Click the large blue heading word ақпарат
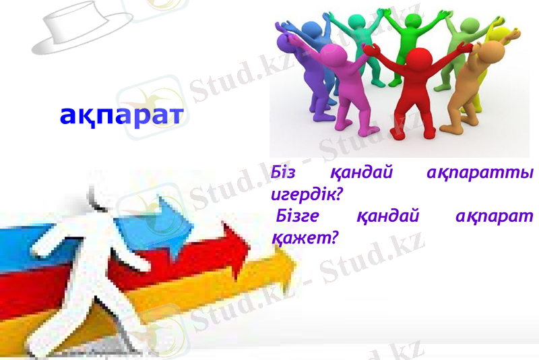pyautogui.click(x=121, y=115)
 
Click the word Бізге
pyautogui.click(x=297, y=216)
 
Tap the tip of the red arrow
pyautogui.click(x=249, y=249)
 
